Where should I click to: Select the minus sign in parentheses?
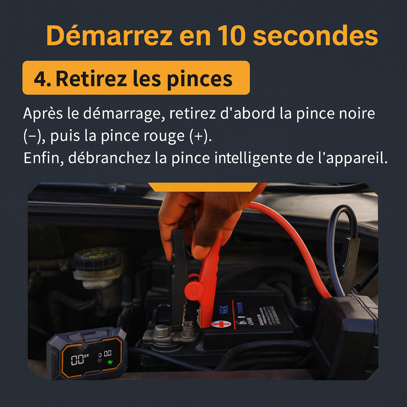click(29, 136)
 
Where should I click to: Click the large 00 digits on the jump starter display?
click(78, 360)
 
